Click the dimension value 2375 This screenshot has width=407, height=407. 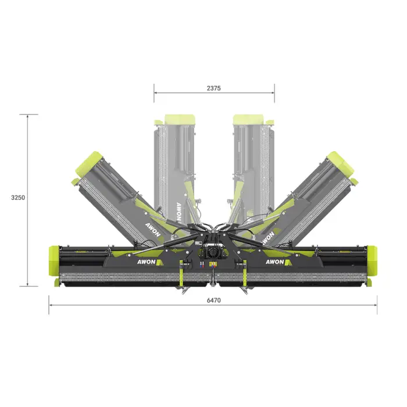tap(213, 88)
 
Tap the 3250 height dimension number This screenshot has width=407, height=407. tap(18, 198)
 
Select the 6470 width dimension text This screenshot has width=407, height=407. tap(213, 301)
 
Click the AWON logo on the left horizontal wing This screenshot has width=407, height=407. tap(150, 262)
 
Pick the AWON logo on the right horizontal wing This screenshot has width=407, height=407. tap(279, 262)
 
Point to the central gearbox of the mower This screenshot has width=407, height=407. tap(213, 252)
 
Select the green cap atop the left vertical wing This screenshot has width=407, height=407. tap(180, 119)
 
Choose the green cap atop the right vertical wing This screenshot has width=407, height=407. tap(248, 119)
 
